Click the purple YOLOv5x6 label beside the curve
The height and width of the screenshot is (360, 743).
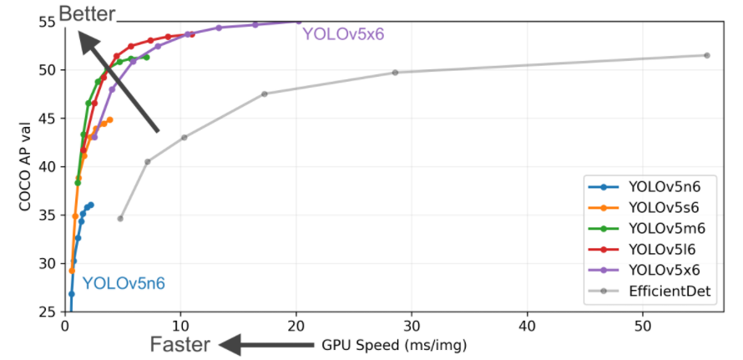pyautogui.click(x=343, y=34)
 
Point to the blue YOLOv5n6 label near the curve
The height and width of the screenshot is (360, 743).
pyautogui.click(x=124, y=284)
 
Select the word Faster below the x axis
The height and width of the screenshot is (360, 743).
pyautogui.click(x=179, y=344)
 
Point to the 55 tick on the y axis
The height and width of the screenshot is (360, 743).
pyautogui.click(x=46, y=22)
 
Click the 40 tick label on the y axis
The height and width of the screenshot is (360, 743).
pyautogui.click(x=46, y=166)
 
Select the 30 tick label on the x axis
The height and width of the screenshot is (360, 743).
pyautogui.click(x=412, y=324)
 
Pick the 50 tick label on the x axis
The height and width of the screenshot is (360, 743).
pyautogui.click(x=643, y=324)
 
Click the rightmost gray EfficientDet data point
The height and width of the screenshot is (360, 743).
pyautogui.click(x=707, y=55)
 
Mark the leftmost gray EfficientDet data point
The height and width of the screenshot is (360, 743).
pyautogui.click(x=120, y=219)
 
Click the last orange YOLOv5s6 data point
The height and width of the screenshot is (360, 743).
pyautogui.click(x=110, y=119)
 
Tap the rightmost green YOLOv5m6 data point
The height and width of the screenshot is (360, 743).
pyautogui.click(x=146, y=57)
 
